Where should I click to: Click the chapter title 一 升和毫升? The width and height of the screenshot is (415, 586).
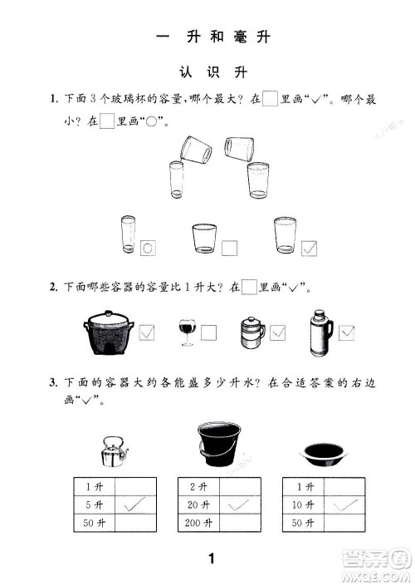click(x=207, y=38)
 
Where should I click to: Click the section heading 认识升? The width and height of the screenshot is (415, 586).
click(x=208, y=73)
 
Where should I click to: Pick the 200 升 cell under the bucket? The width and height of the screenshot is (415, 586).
click(x=196, y=523)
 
